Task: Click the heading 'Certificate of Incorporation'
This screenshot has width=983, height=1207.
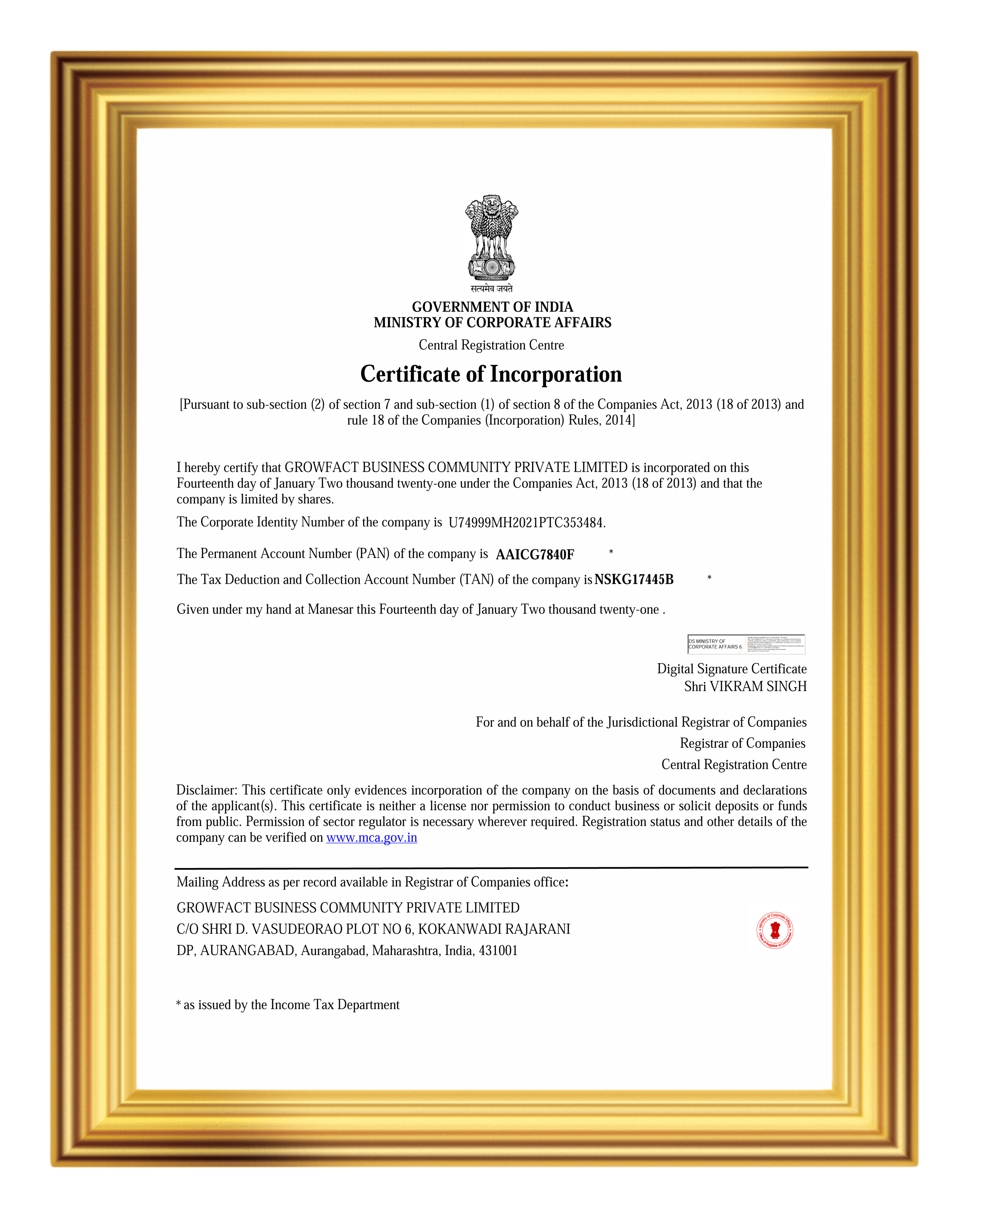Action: (x=491, y=374)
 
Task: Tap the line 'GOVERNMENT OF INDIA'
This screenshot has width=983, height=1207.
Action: (x=492, y=307)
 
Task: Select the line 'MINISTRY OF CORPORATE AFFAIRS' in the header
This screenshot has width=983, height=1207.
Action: (x=492, y=322)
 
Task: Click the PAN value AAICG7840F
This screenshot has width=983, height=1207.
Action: (x=535, y=555)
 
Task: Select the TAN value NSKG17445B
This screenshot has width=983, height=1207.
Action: (x=634, y=579)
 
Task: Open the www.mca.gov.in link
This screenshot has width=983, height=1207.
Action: (x=371, y=837)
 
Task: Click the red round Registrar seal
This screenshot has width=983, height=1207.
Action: (x=775, y=930)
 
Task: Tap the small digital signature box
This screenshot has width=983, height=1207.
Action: (x=746, y=644)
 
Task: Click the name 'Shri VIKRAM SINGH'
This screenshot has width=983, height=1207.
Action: (x=745, y=687)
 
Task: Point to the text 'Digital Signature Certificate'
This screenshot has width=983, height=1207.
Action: (x=732, y=669)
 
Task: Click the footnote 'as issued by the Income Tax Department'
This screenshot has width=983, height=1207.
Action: (x=291, y=1004)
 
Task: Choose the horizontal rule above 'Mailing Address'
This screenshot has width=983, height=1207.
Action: (x=491, y=867)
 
